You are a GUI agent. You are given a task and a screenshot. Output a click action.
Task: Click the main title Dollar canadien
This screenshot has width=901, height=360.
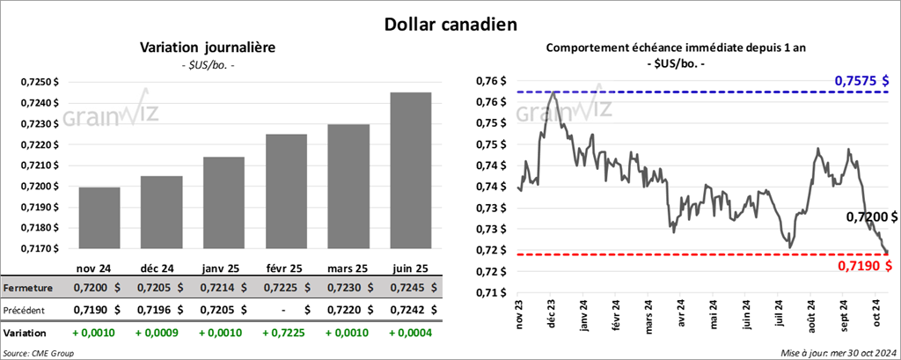click(450, 23)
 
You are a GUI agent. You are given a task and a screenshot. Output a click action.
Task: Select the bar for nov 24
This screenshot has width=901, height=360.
click(99, 218)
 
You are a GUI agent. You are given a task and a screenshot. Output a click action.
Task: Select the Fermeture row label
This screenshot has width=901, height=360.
click(29, 288)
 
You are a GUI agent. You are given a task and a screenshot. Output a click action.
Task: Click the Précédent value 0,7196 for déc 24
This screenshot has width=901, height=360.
click(151, 310)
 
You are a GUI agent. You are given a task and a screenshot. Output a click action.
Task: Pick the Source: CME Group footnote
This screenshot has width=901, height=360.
click(39, 353)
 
